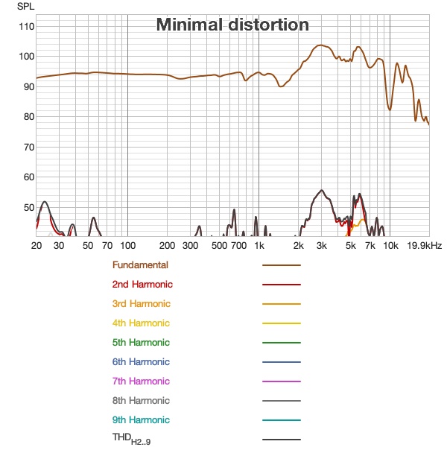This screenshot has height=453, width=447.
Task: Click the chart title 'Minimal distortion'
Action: tap(232, 25)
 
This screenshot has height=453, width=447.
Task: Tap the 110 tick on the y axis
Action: tap(26, 26)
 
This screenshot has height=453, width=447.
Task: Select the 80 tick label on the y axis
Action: tap(28, 117)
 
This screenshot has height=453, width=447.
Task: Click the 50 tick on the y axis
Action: tap(28, 207)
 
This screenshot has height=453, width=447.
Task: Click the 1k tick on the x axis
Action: tap(259, 245)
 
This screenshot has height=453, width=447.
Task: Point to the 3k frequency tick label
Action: tap(321, 245)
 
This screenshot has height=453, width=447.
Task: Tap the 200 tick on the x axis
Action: tap(167, 245)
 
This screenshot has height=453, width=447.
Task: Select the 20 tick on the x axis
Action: tap(36, 245)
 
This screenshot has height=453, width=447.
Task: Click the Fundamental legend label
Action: tap(140, 264)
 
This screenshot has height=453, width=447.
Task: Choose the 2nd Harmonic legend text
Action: tap(142, 284)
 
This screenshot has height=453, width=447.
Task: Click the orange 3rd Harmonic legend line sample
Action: tap(281, 304)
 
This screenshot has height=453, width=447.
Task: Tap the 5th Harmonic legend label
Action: tap(141, 342)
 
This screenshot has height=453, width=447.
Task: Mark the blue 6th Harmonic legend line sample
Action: tap(281, 362)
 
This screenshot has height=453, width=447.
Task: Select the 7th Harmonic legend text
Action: tap(141, 381)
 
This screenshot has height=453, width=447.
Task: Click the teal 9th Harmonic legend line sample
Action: tap(281, 420)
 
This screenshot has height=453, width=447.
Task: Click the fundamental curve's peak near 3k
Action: tap(320, 45)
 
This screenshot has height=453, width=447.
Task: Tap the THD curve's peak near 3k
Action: tap(321, 190)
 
